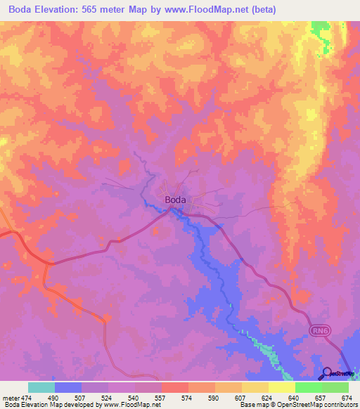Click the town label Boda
coord(175,200)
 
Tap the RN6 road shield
coord(320,330)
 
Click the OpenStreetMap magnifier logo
coord(326,373)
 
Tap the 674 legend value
coord(346,398)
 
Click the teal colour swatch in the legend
coord(41,387)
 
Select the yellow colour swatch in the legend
coord(281,387)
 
